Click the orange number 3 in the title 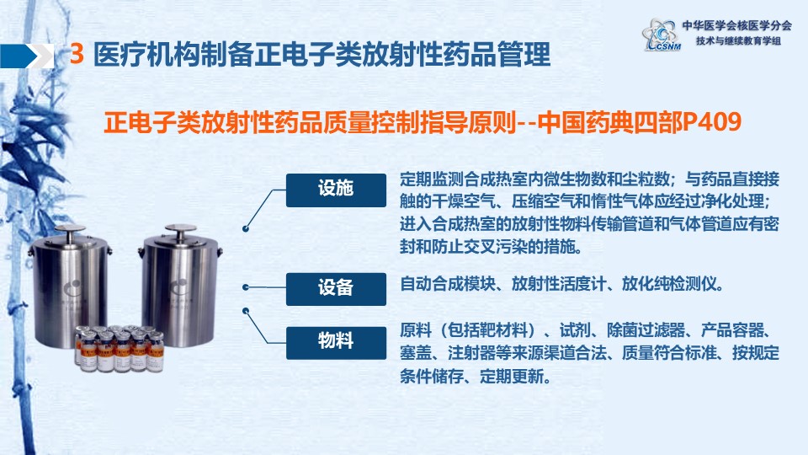77,54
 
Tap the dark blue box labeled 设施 336,190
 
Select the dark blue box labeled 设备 336,289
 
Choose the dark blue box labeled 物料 336,343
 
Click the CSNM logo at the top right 662,35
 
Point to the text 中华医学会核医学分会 736,25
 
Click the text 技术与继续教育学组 738,40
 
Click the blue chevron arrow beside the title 27,56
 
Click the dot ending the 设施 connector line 246,228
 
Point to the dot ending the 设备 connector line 246,286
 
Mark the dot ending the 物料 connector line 246,311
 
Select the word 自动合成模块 447,284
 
